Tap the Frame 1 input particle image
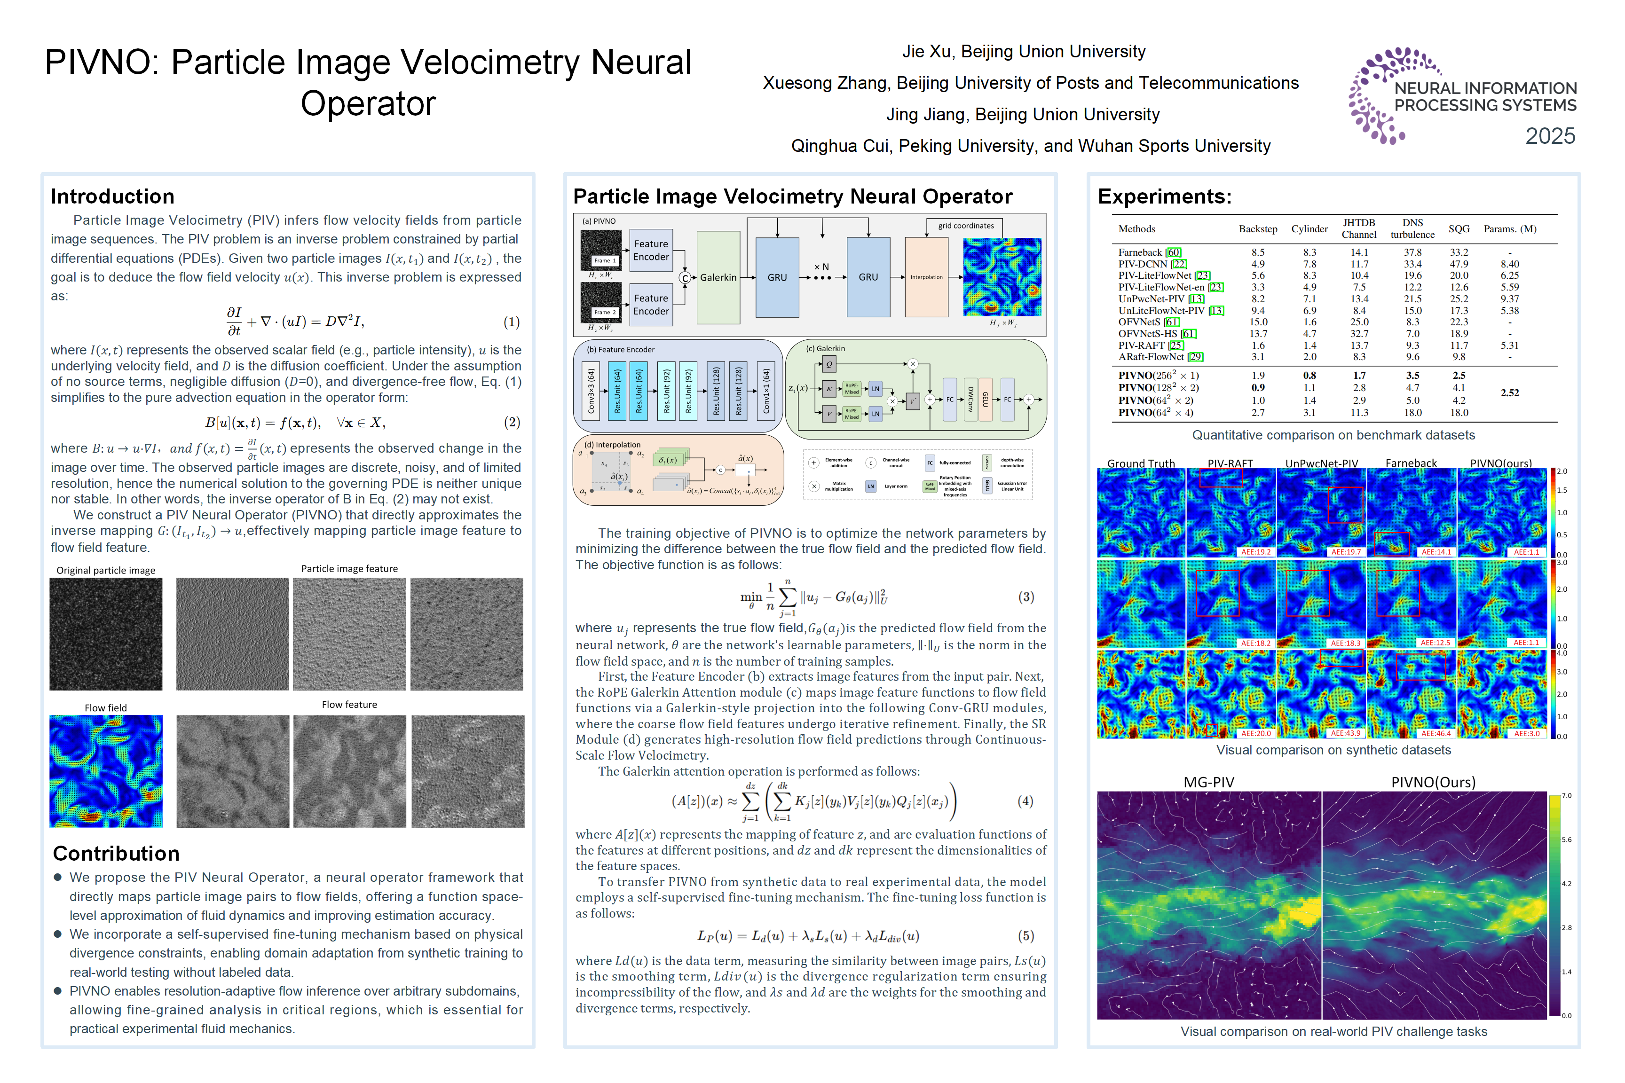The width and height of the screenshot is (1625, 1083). click(600, 250)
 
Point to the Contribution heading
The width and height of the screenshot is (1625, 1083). click(116, 854)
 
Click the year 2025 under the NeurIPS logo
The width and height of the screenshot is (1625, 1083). click(1550, 136)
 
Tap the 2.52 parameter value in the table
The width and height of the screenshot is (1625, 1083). click(1510, 393)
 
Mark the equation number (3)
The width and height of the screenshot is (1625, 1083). click(1026, 597)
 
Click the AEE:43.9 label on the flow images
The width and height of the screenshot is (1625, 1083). click(1344, 733)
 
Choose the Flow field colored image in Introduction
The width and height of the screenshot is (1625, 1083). click(106, 771)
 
